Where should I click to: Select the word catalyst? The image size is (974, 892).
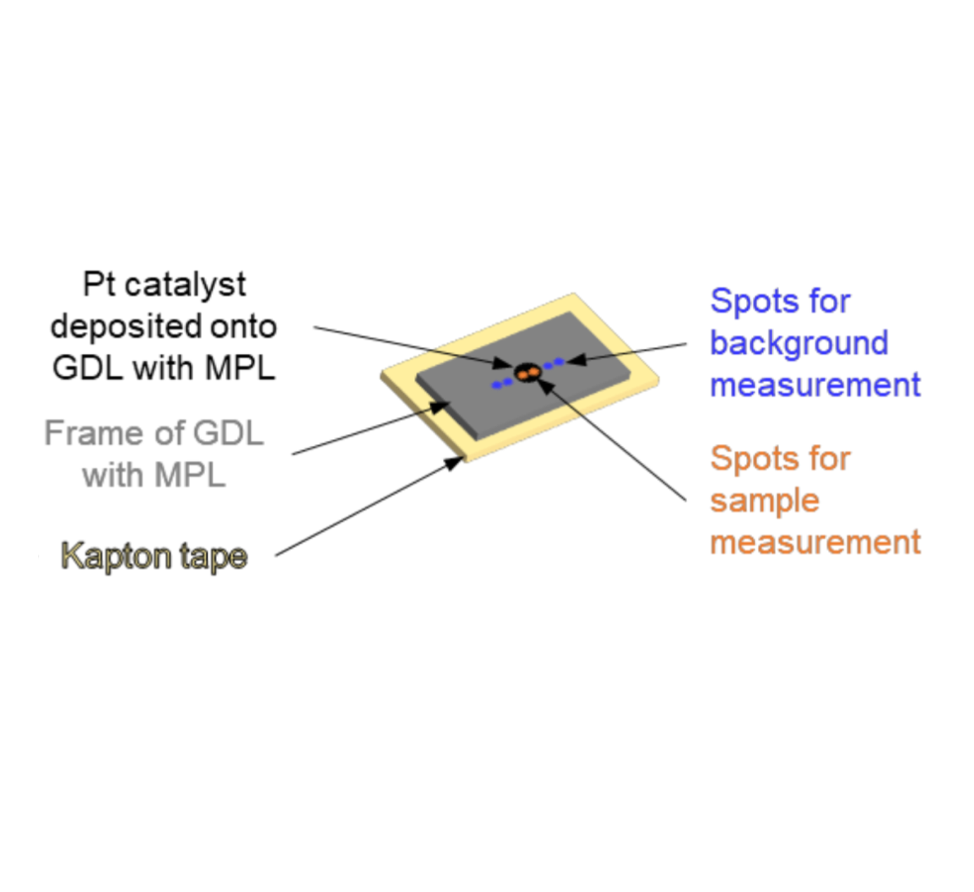click(185, 287)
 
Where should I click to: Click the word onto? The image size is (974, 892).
click(243, 327)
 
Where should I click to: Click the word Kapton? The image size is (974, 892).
click(116, 557)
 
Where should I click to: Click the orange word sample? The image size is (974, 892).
click(765, 501)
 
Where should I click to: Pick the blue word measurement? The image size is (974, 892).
click(815, 385)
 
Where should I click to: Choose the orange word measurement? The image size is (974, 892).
click(815, 542)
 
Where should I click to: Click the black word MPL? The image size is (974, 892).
click(241, 368)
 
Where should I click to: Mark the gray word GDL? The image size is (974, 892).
click(229, 433)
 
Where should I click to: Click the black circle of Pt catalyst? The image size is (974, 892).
click(527, 373)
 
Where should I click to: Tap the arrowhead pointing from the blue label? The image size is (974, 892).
click(576, 360)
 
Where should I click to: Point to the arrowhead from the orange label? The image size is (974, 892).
click(545, 386)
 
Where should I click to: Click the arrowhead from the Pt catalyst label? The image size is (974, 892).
click(503, 363)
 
